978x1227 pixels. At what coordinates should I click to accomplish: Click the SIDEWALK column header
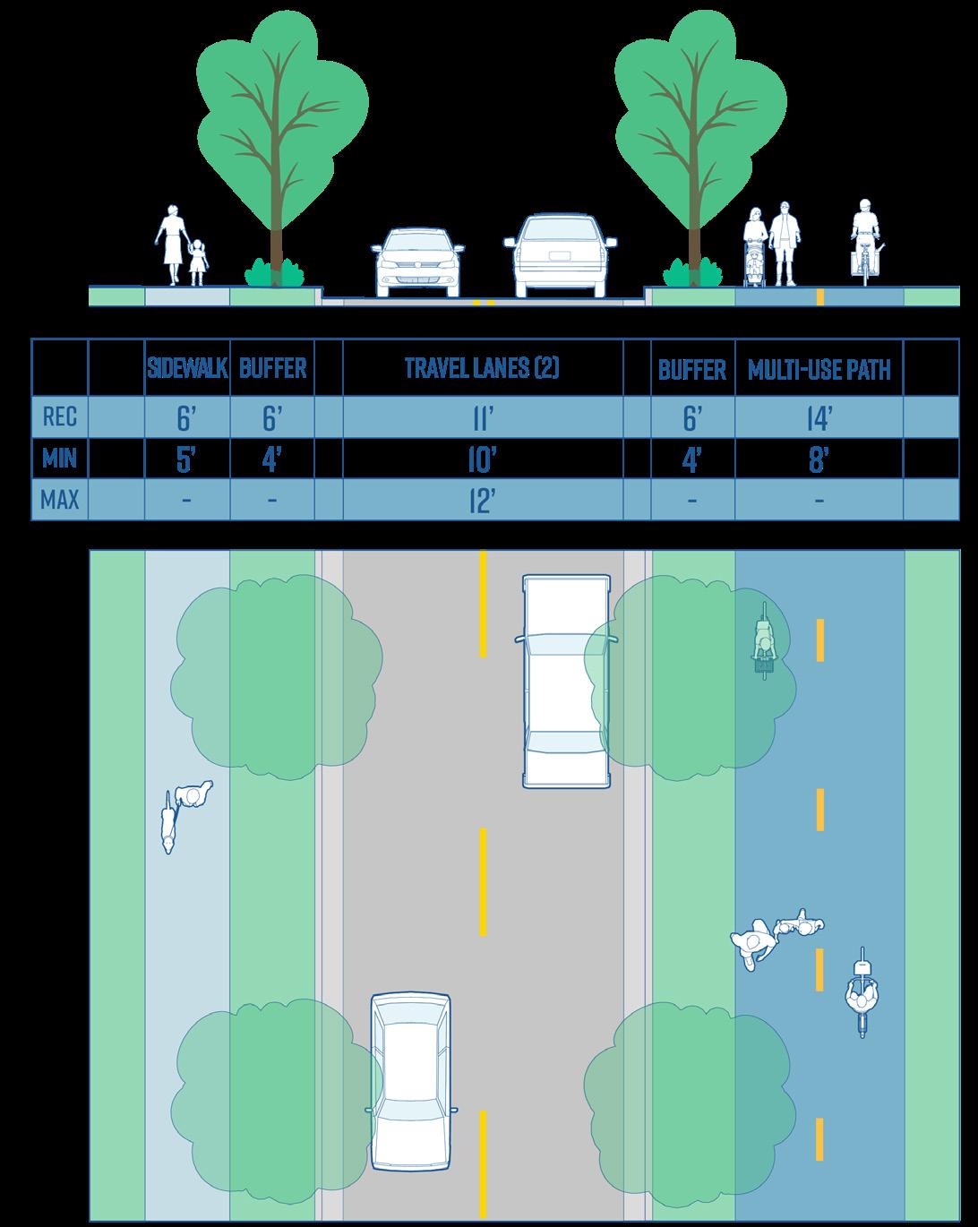coord(187,368)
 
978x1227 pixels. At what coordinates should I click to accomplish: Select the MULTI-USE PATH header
coord(819,368)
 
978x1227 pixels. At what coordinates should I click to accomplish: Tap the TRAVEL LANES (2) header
coord(482,368)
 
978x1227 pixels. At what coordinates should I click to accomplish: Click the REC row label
coord(60,416)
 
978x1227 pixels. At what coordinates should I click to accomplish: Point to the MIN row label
coord(60,459)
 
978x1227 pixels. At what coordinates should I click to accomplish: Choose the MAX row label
coord(60,500)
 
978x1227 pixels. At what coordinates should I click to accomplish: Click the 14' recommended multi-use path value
coord(819,416)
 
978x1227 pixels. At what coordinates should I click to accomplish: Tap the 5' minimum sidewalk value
coord(185,459)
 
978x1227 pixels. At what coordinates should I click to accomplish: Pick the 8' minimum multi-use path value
coord(819,459)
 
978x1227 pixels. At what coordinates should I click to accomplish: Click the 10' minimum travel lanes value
coord(482,459)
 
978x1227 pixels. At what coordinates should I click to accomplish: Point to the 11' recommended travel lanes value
coord(482,416)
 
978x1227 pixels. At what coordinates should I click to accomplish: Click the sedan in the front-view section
coord(418,262)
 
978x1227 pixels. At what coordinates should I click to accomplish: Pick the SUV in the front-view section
coord(561,255)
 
